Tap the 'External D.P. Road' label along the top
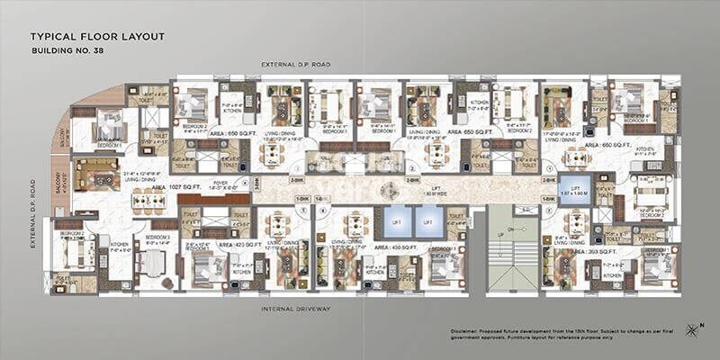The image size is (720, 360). point(297,66)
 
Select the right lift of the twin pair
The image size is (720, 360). point(428,220)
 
